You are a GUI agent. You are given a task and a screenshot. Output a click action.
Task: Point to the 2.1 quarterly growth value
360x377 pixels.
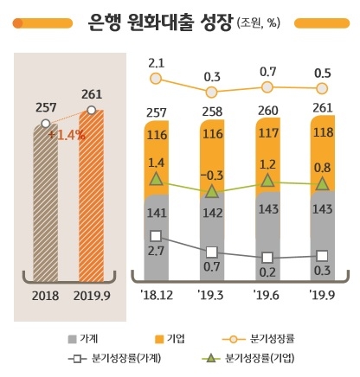157,62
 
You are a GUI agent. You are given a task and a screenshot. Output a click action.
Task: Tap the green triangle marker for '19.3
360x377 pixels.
212,190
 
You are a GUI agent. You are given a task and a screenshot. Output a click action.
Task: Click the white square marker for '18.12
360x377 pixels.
157,235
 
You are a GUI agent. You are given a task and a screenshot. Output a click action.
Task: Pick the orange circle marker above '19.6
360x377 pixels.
267,87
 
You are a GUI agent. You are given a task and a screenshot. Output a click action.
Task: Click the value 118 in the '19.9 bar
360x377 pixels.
322,134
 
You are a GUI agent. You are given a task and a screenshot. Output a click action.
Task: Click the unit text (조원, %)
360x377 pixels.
267,22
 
